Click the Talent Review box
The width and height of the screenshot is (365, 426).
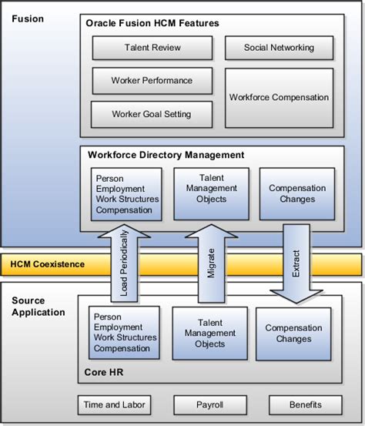152,48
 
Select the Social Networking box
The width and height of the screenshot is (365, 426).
279,48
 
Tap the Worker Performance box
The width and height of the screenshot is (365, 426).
152,80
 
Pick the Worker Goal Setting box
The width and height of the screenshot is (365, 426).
152,114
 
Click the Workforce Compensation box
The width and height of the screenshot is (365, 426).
279,98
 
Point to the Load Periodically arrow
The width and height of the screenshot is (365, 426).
124,262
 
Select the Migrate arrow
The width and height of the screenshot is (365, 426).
211,262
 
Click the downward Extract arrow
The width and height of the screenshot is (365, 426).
296,262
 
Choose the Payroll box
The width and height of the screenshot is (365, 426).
209,404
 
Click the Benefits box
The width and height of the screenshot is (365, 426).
305,404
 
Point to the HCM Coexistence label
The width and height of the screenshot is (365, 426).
48,264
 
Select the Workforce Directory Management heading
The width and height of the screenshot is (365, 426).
166,155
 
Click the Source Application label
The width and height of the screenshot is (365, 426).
39,307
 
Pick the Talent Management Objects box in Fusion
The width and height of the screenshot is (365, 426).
211,193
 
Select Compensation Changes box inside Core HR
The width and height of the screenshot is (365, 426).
293,334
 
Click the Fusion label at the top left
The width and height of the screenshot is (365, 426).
27,17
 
